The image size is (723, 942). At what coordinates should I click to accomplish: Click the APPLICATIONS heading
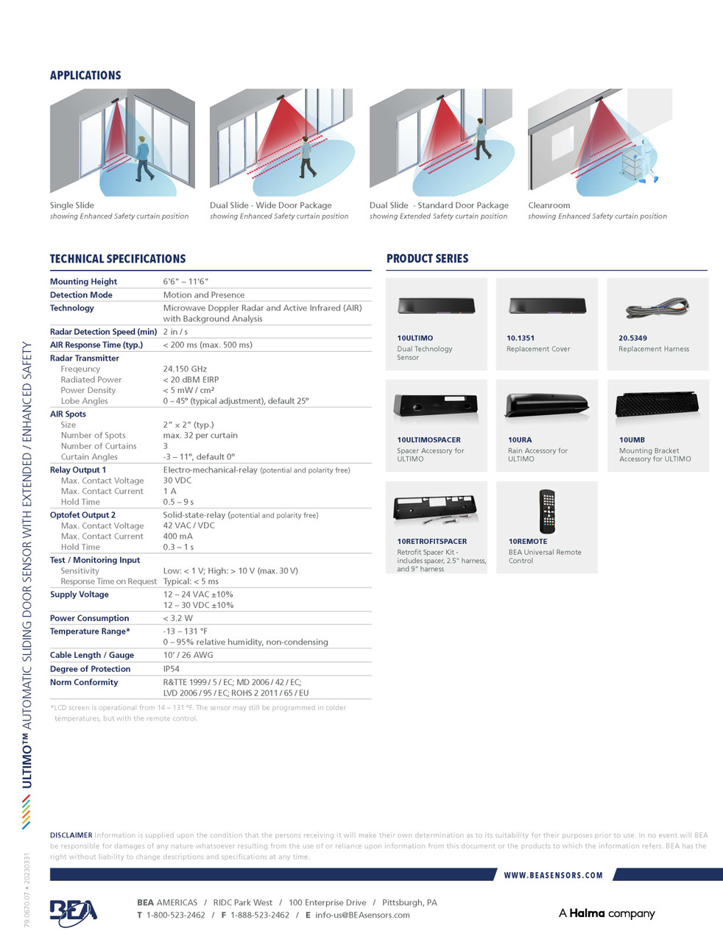pos(85,75)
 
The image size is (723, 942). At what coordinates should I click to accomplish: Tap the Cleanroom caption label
pos(549,205)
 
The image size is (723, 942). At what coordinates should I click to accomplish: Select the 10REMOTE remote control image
pos(546,511)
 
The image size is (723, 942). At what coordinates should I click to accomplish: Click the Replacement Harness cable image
pos(657,308)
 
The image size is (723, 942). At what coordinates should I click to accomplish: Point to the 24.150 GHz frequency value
pos(185,369)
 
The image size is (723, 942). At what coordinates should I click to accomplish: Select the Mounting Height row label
pos(83,282)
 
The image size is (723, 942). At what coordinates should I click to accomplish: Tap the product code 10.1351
pos(521,339)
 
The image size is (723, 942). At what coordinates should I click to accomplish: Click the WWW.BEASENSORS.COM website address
pos(553,875)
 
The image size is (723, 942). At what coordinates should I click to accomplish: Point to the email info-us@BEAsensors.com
pos(362,915)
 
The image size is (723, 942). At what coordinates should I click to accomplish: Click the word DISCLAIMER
pos(71,835)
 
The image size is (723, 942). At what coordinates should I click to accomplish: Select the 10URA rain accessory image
pos(547,405)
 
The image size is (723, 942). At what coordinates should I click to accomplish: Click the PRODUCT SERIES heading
pos(427,258)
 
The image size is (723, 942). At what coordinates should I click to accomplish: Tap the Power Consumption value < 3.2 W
pos(177,618)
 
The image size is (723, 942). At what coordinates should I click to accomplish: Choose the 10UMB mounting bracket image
pos(657,405)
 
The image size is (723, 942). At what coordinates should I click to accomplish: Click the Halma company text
pos(607,913)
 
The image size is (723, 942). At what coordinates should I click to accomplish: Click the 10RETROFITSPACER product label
pos(431,542)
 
